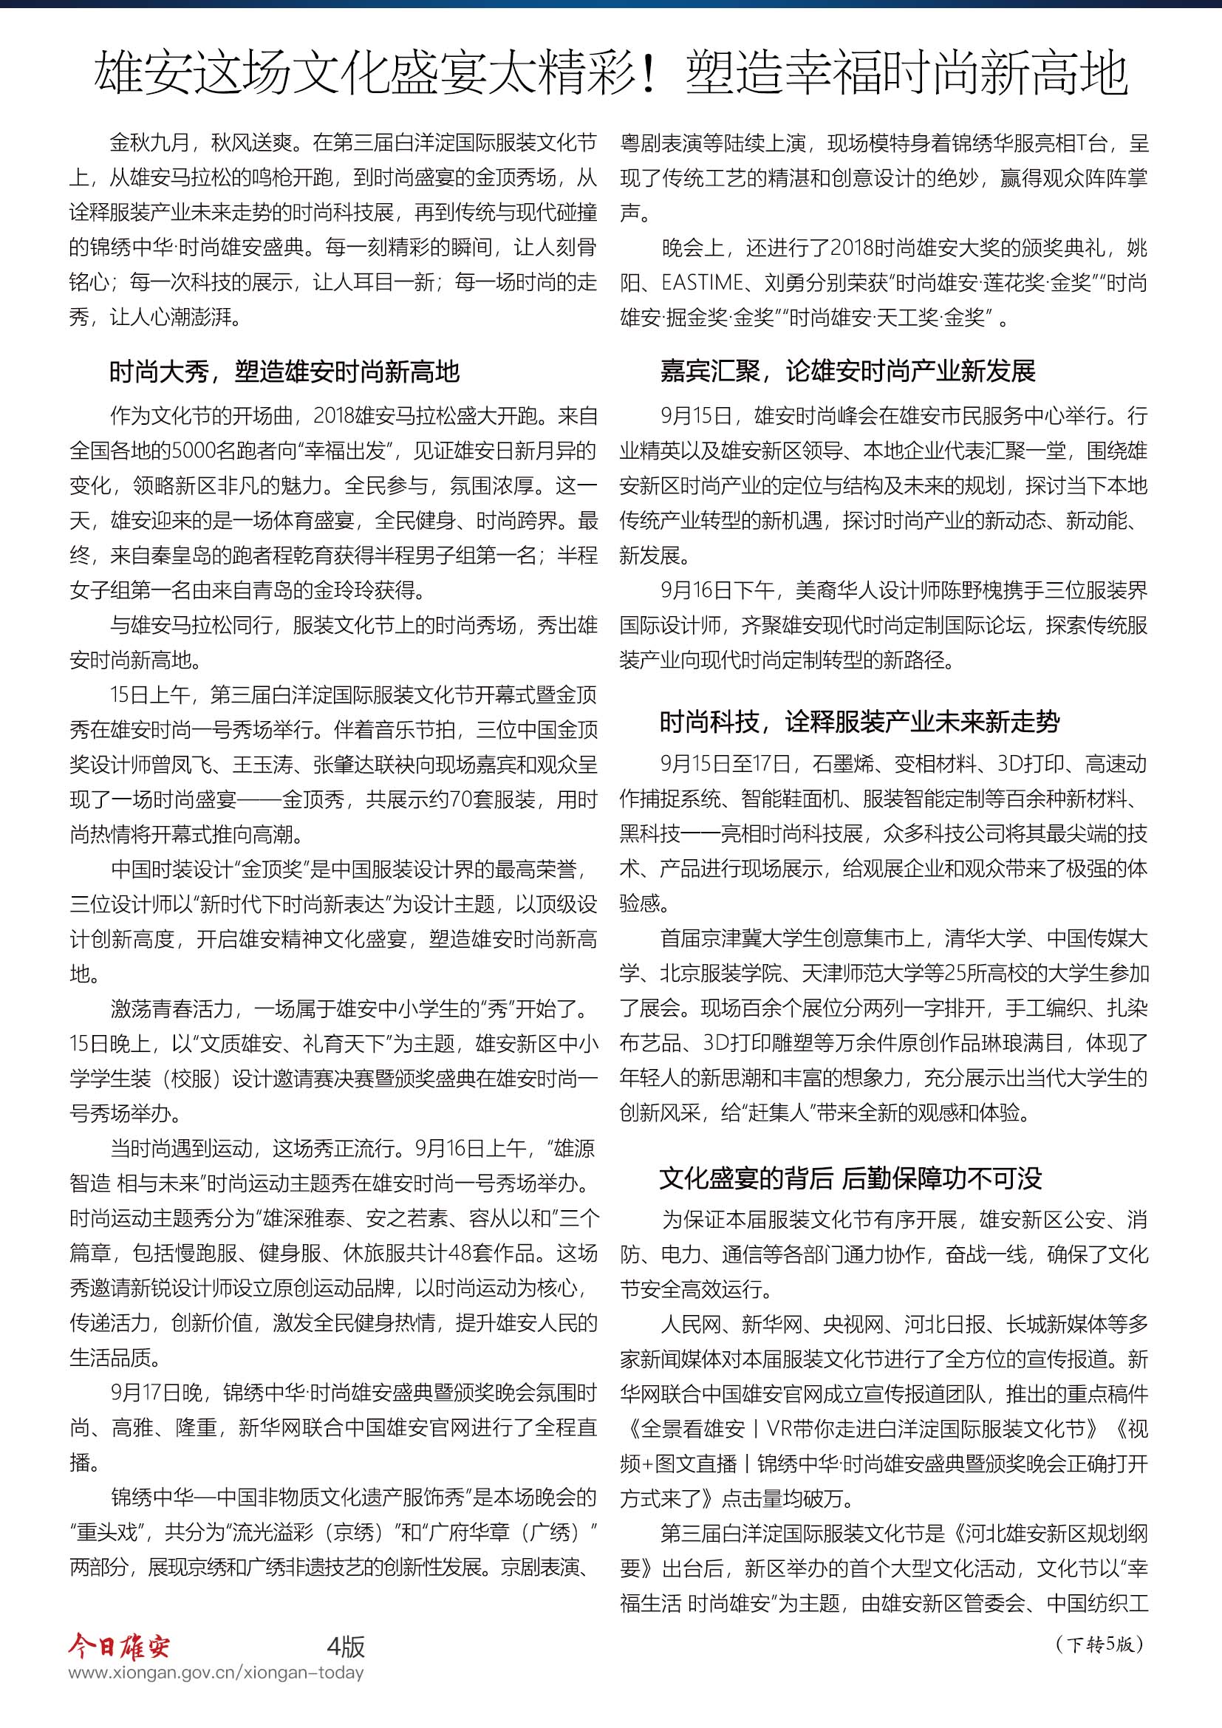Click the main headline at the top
coord(610,73)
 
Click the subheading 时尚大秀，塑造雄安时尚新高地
coord(284,371)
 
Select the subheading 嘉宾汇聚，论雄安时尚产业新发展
coord(847,370)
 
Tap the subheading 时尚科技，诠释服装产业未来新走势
coord(859,722)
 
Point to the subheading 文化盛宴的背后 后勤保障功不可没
coord(850,1178)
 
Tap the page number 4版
coord(346,1647)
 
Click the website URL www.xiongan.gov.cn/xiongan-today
coord(216,1673)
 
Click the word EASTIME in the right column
coord(702,284)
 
